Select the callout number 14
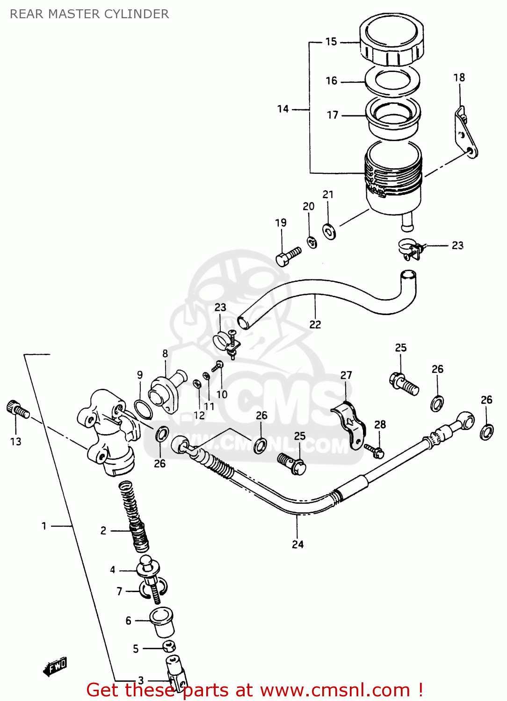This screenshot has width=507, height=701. click(x=282, y=109)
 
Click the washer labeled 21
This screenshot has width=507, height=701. click(x=329, y=231)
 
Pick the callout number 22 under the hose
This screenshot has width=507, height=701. click(x=315, y=324)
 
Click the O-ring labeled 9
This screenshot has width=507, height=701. click(x=143, y=410)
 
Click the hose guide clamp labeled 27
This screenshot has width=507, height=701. click(x=349, y=423)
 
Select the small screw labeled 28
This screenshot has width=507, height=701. click(x=375, y=451)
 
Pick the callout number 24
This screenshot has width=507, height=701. click(x=297, y=544)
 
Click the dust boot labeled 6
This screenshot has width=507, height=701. click(x=162, y=622)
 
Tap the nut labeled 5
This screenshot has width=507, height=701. click(x=169, y=647)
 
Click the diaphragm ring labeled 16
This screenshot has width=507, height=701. click(x=392, y=80)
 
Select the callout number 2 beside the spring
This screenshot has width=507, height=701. click(x=103, y=530)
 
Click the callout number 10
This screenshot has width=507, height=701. click(x=222, y=394)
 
